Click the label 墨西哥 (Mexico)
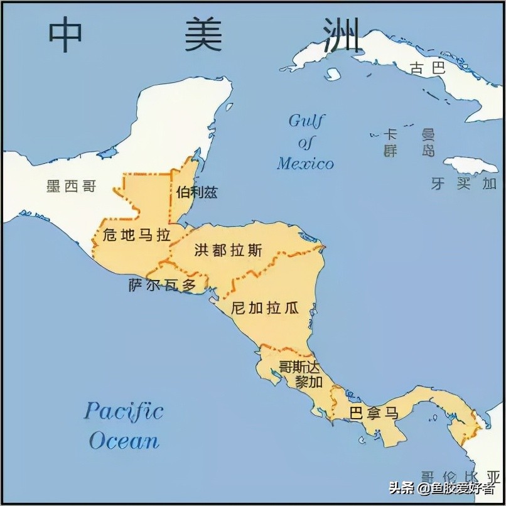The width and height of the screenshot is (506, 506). tap(71, 186)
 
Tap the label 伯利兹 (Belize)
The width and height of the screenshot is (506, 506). tap(196, 192)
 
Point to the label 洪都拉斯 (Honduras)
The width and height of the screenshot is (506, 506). tap(229, 250)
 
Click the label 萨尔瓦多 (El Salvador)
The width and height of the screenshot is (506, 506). tap(163, 286)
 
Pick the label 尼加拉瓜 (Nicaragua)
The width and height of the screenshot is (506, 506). tap(264, 308)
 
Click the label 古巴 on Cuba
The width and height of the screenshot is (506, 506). tap(428, 68)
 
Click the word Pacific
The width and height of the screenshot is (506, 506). tap(124, 412)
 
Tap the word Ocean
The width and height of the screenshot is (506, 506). tap(124, 440)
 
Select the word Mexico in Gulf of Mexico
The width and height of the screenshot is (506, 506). tap(305, 164)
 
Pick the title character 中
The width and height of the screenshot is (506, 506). tap(65, 35)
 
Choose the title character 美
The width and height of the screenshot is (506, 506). tap(203, 35)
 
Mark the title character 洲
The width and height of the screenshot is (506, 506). tap(343, 35)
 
